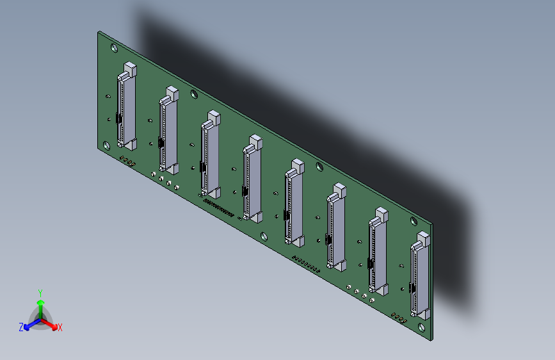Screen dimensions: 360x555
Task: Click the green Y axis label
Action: [x=40, y=292]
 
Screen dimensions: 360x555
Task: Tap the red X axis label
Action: [x=60, y=328]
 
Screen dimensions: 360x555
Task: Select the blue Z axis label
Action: [x=21, y=327]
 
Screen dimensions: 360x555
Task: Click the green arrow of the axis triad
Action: [x=40, y=305]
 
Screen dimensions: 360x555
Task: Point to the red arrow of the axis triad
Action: [x=52, y=324]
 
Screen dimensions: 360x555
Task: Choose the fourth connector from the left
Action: [x=252, y=180]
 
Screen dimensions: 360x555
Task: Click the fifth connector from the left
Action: [x=294, y=204]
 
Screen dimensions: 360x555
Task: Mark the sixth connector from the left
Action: [x=335, y=228]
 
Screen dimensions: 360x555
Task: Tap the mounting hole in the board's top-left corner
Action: [x=114, y=47]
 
